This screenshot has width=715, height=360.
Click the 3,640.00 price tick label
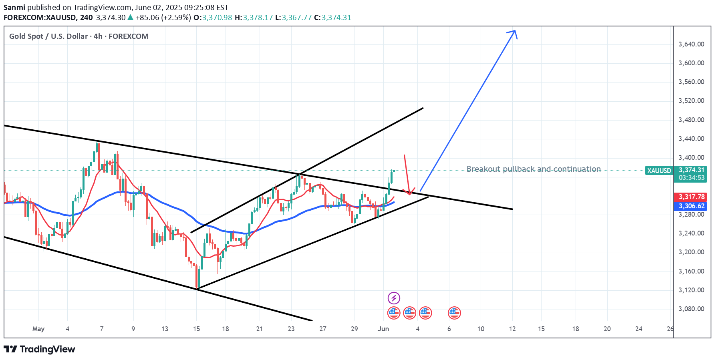coord(691,44)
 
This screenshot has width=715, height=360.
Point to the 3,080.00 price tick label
coord(691,309)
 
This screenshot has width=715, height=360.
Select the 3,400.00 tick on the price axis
coord(691,157)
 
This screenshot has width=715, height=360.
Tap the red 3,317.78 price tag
coord(691,197)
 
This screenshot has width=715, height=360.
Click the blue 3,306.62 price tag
coord(691,206)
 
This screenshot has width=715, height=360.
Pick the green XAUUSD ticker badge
coord(659,171)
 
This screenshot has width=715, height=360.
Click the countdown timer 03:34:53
coord(691,177)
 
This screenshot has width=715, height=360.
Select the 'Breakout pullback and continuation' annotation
coord(534,169)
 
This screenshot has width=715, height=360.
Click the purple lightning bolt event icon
coord(394,298)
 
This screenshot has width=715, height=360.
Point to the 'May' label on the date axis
coord(38,329)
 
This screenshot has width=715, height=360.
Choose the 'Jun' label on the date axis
coord(383,329)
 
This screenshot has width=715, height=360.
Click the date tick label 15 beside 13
coord(196,329)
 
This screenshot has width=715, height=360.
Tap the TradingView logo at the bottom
coord(40,349)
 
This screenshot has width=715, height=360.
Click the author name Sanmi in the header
coord(14,7)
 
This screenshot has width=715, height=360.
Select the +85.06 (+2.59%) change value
coord(163,18)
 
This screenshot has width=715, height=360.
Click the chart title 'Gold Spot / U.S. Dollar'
coord(48,36)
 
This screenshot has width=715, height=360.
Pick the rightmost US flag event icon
coord(454,313)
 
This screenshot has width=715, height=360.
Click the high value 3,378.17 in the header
coord(258,18)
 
